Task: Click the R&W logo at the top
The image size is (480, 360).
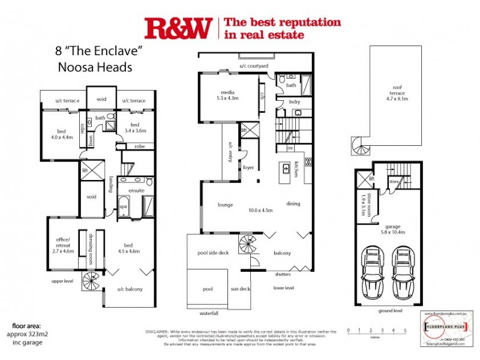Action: (x=178, y=28)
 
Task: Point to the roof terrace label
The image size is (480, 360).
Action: (x=397, y=97)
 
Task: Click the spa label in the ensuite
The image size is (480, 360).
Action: (x=124, y=206)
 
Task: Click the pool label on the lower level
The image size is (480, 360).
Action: (x=208, y=289)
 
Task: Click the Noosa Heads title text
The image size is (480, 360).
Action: (x=94, y=67)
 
